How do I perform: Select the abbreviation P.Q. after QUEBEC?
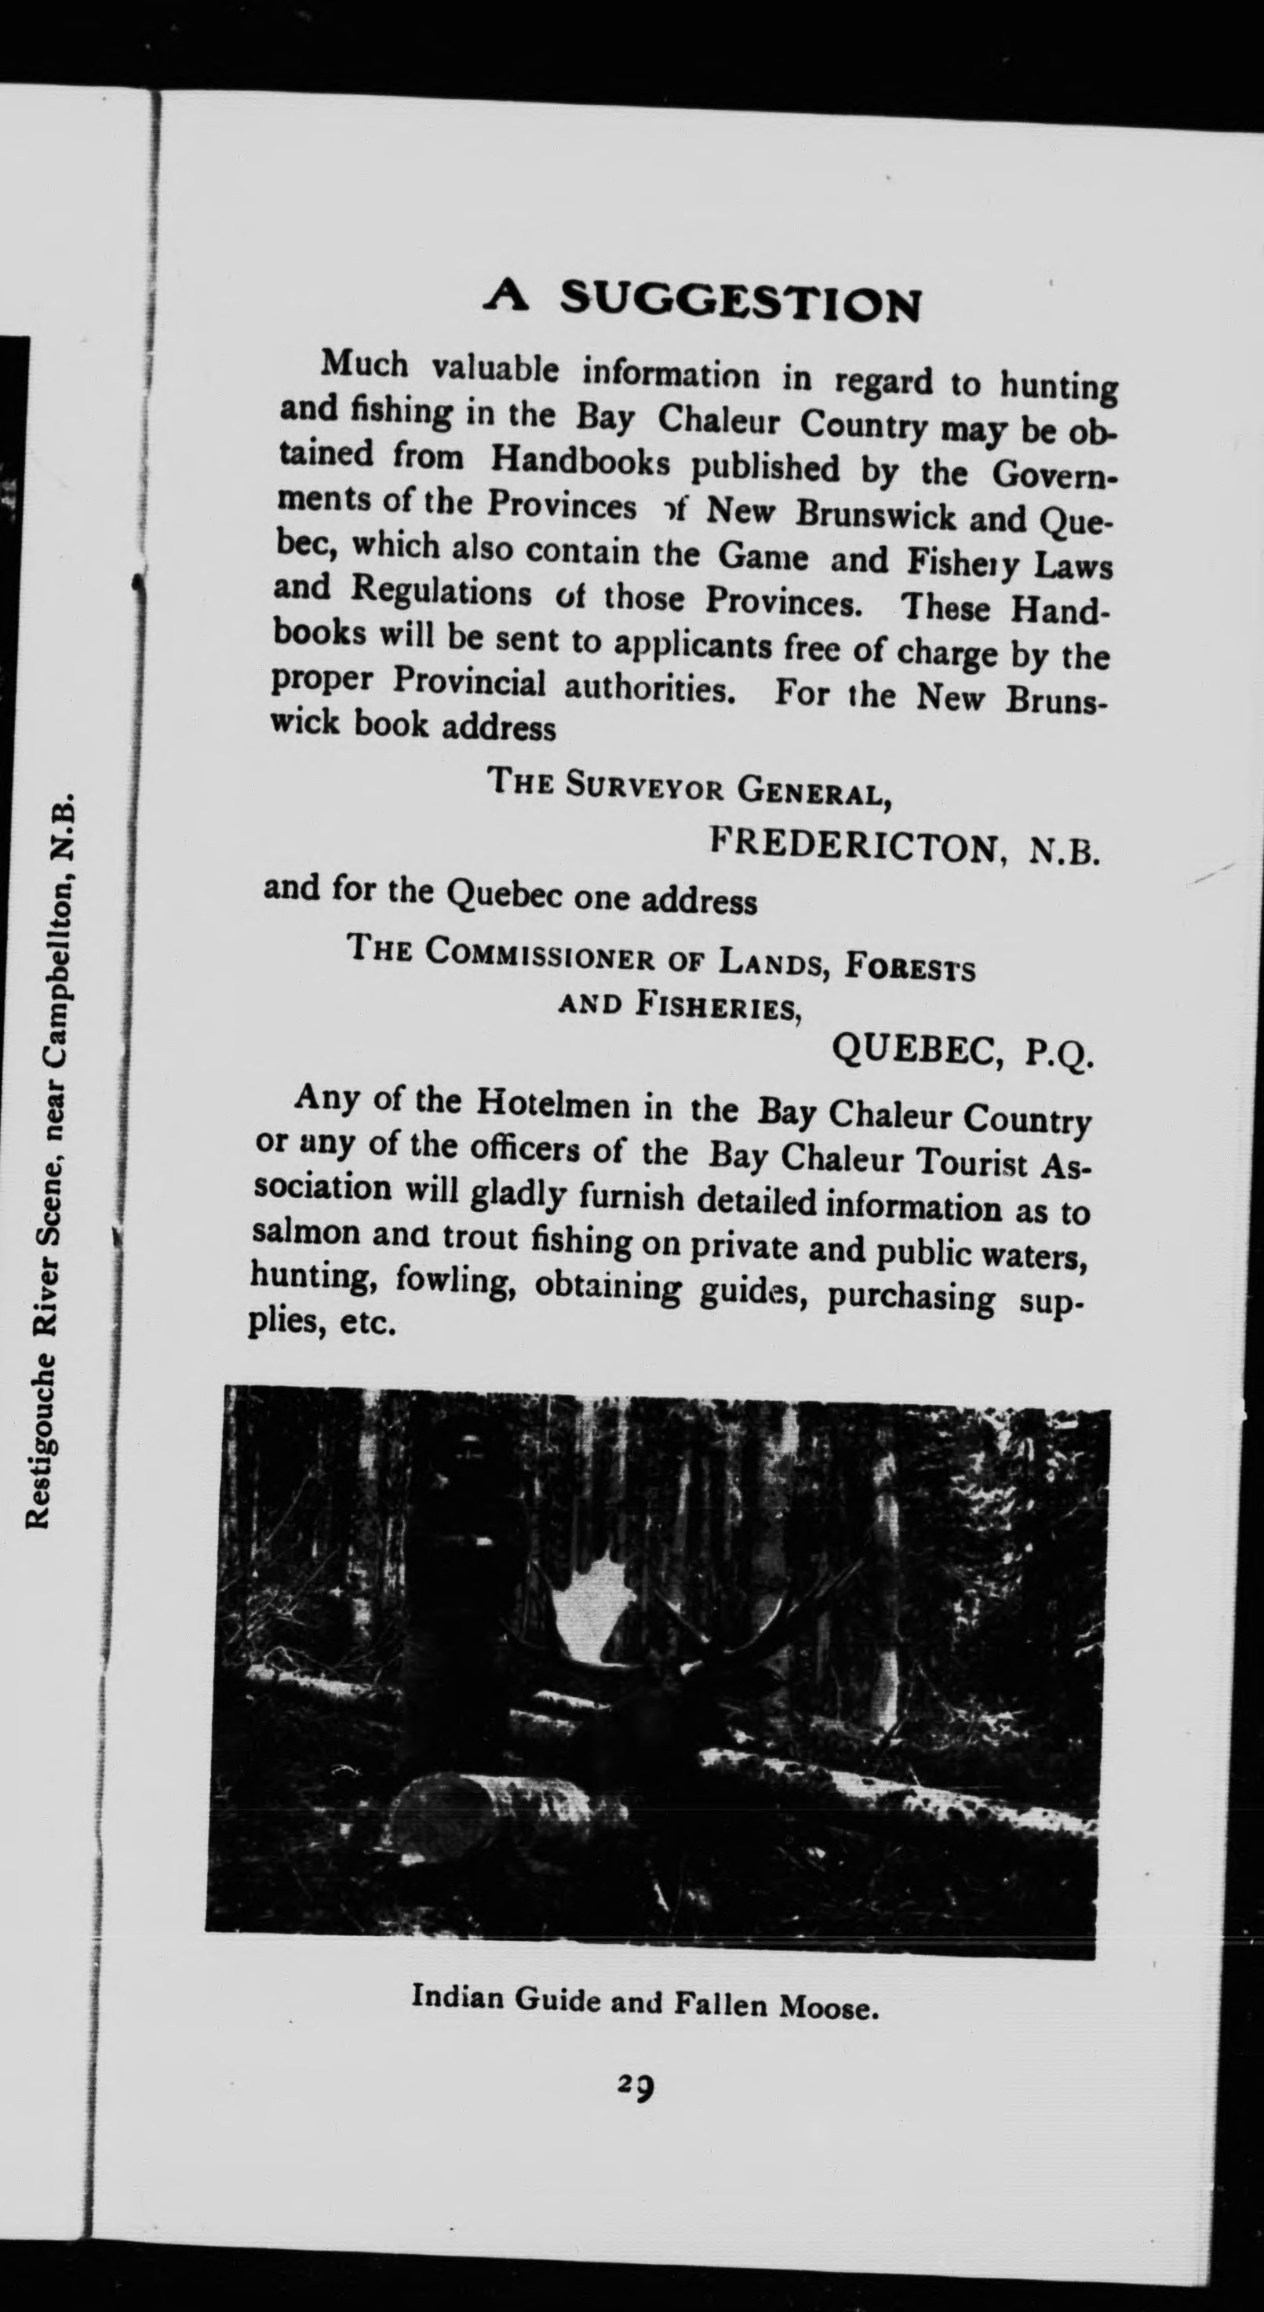click(1059, 1052)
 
